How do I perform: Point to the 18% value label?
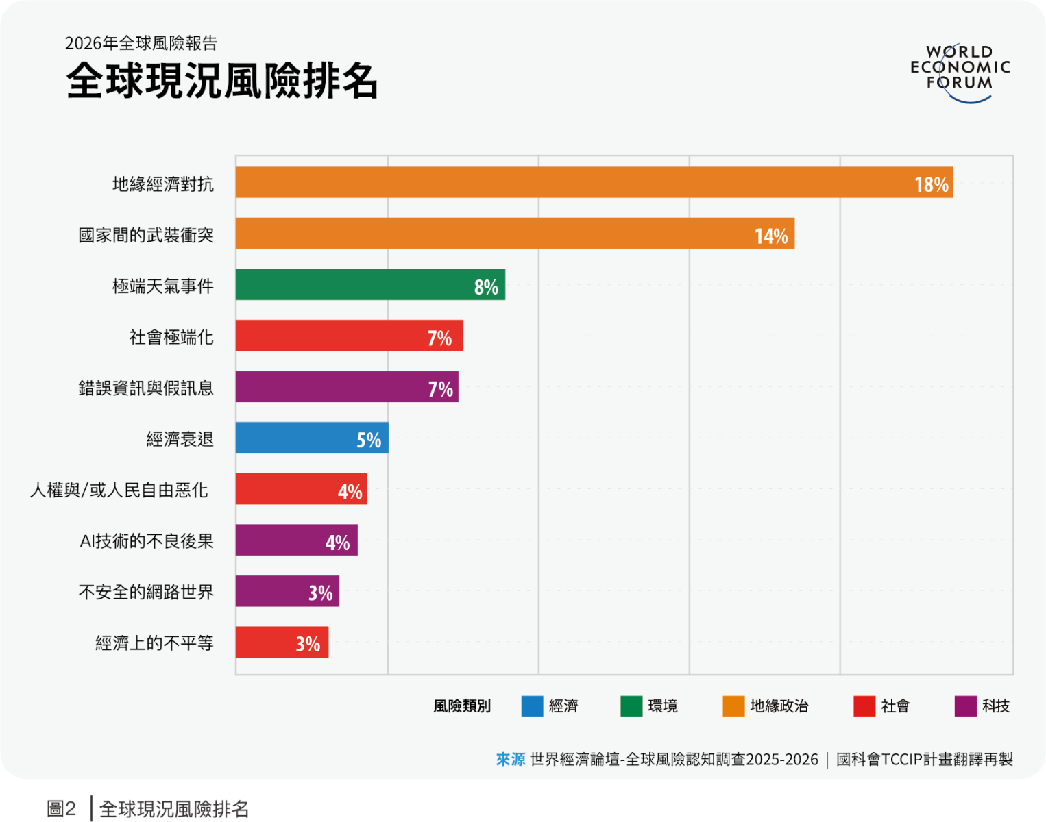tap(932, 184)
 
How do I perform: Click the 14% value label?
tap(771, 236)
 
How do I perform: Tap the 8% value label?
tap(486, 286)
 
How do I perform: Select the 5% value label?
tap(369, 440)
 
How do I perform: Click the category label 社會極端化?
tap(171, 337)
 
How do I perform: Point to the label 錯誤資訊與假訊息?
tap(146, 388)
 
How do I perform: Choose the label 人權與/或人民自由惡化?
tap(119, 490)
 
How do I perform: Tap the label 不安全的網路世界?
tap(146, 591)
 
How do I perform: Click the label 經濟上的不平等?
tap(154, 643)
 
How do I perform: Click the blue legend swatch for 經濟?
tap(532, 706)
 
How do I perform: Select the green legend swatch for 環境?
tap(631, 706)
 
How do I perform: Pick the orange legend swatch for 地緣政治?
tap(733, 706)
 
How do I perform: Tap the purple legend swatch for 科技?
tap(965, 706)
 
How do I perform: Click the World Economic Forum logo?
tap(960, 72)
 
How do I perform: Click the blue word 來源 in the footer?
tap(511, 759)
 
